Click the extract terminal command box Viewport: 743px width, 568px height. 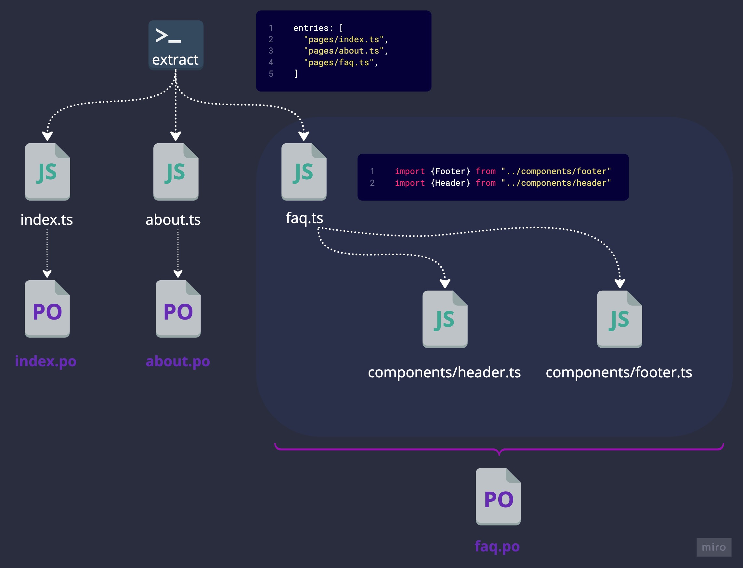click(x=176, y=45)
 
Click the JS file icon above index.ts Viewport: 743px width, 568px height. click(x=47, y=172)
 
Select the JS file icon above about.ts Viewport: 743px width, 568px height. click(x=176, y=172)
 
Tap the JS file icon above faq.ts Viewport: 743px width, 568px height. click(x=304, y=172)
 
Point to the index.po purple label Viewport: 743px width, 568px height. click(x=46, y=361)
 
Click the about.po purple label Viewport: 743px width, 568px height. click(x=178, y=361)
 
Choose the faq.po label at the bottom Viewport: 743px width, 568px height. click(x=497, y=546)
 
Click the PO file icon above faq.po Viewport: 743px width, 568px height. click(x=498, y=496)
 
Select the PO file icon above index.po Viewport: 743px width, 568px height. click(x=47, y=309)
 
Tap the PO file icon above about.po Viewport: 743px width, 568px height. click(x=178, y=309)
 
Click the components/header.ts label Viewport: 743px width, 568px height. click(x=444, y=372)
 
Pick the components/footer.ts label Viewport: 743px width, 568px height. click(x=619, y=372)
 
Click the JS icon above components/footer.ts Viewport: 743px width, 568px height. click(x=619, y=319)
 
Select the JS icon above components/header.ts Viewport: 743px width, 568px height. click(x=445, y=319)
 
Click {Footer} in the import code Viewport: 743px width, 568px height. click(x=450, y=171)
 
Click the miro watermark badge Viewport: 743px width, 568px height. click(x=713, y=547)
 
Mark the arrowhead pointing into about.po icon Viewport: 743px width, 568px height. click(x=178, y=273)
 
